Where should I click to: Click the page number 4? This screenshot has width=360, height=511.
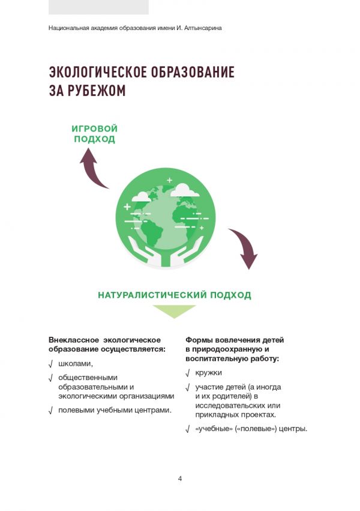(x=180, y=479)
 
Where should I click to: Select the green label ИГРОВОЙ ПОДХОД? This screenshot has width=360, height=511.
(x=94, y=134)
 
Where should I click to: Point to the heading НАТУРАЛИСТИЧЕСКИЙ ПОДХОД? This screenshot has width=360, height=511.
(x=174, y=295)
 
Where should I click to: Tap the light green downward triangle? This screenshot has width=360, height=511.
(x=174, y=310)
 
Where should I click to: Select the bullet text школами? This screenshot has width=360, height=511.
(x=76, y=364)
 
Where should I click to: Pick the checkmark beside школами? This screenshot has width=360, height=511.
(x=51, y=364)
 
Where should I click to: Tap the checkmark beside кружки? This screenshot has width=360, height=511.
(x=188, y=373)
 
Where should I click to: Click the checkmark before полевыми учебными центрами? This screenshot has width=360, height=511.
(x=51, y=411)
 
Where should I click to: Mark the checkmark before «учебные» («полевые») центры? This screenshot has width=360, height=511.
(x=188, y=429)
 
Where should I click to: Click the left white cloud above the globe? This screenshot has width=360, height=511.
(x=142, y=196)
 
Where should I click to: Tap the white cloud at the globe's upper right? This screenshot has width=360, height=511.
(x=186, y=190)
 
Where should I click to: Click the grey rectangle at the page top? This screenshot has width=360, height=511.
(x=98, y=7)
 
